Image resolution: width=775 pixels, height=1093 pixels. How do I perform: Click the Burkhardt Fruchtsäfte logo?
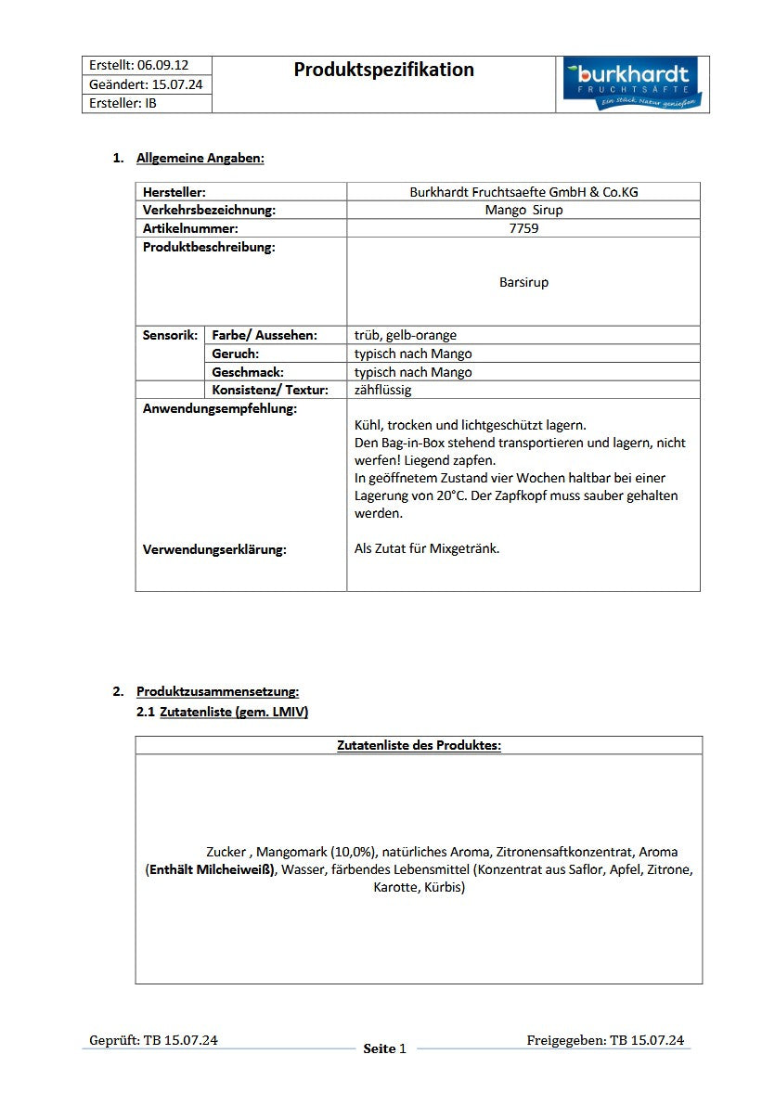633,84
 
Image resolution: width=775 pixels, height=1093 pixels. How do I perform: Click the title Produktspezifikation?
383,70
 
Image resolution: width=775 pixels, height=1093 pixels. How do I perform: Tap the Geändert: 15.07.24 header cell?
146,84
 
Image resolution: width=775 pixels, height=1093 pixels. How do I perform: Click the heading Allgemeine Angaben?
200,158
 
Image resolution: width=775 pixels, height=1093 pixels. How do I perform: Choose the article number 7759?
523,228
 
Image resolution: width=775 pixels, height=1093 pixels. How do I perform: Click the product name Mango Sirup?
523,210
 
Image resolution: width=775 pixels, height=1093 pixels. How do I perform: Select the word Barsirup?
523,282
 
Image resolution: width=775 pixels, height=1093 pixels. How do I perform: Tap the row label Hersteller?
174,192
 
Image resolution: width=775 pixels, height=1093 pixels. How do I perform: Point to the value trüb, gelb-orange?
406,335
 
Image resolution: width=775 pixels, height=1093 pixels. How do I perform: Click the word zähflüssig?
382,390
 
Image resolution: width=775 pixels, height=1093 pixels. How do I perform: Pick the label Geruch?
236,354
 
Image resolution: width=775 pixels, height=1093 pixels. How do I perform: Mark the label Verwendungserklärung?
214,549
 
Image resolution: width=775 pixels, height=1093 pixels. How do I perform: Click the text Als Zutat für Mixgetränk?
427,548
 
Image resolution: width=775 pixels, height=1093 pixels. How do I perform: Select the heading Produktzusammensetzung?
217,691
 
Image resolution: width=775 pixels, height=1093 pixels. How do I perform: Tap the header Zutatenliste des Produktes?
419,745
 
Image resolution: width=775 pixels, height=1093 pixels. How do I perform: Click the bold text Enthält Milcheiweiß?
211,869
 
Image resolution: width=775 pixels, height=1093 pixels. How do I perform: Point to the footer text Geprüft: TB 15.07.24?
153,1040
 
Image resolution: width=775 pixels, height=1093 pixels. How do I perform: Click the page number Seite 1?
384,1048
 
